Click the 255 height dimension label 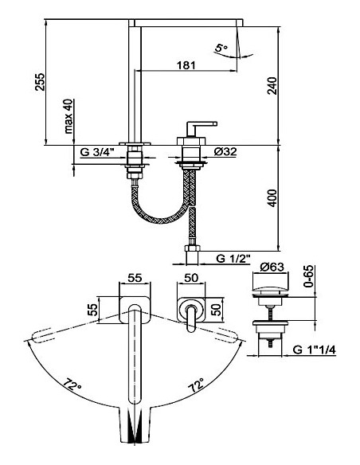click(46, 81)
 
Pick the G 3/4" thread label click(97, 150)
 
